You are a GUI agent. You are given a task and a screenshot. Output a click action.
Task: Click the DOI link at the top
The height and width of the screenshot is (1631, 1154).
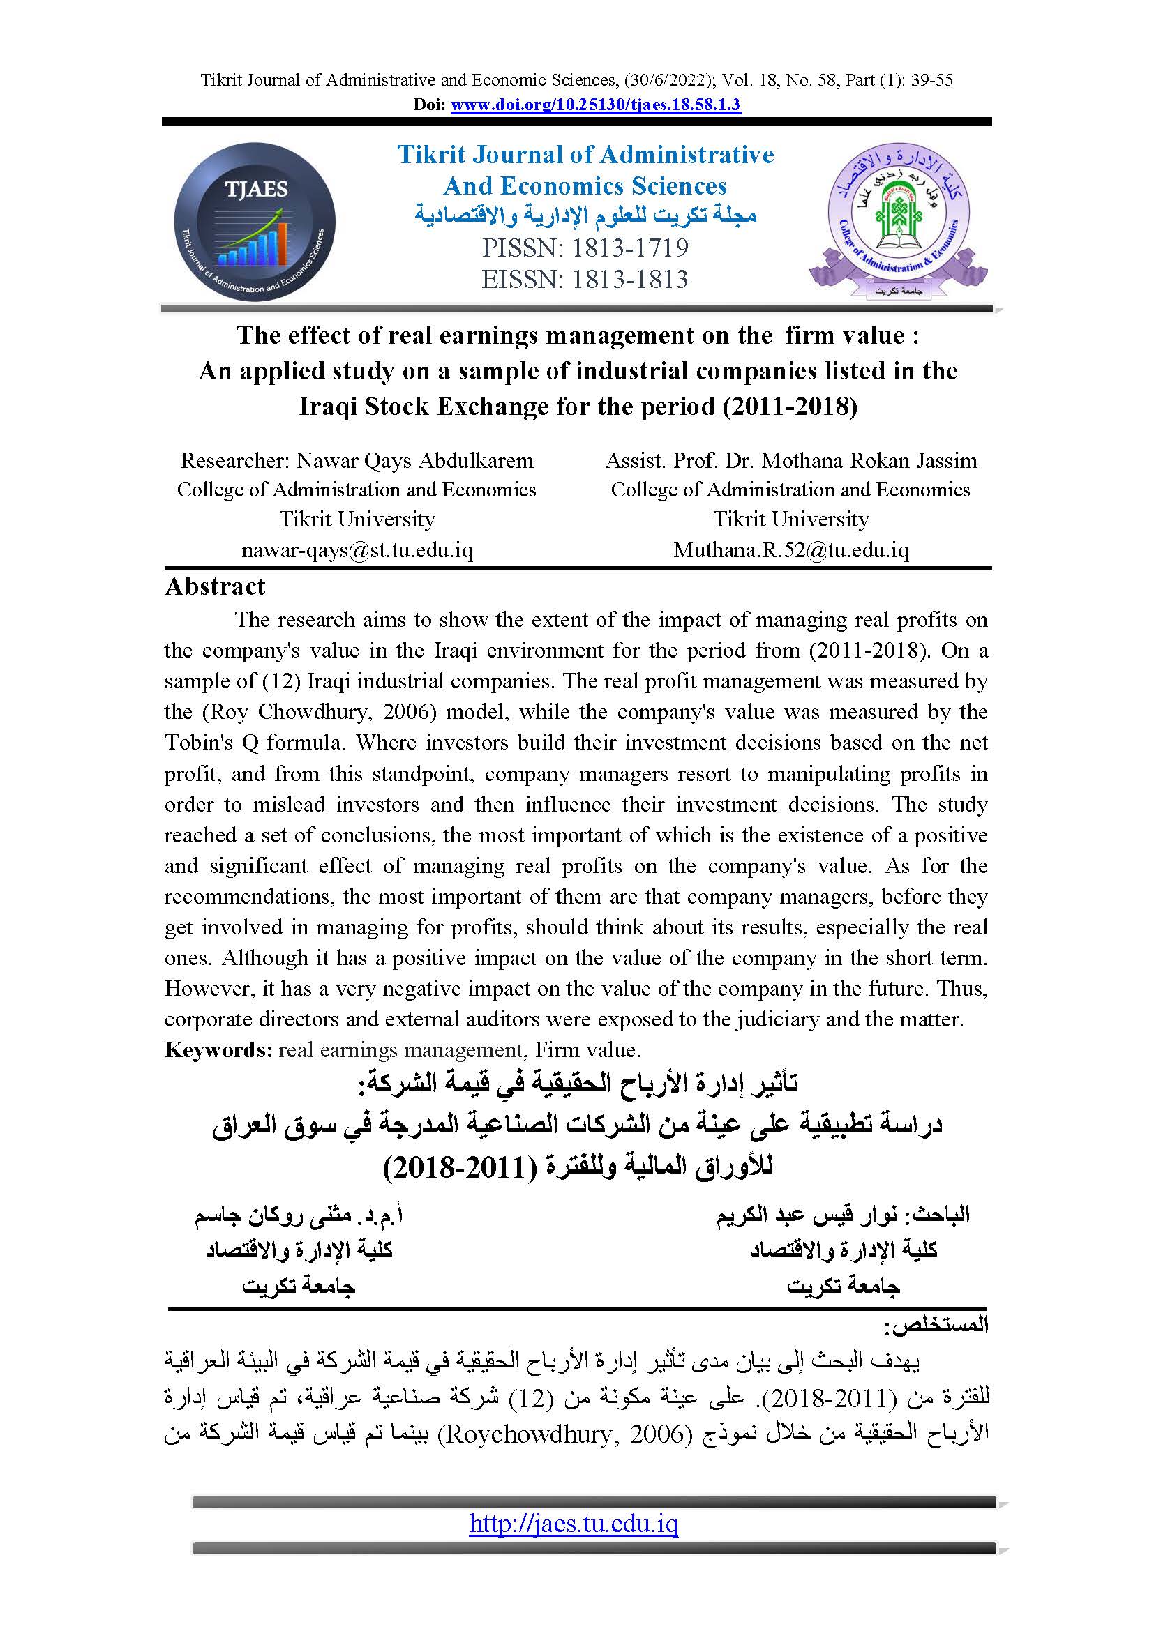pyautogui.click(x=595, y=105)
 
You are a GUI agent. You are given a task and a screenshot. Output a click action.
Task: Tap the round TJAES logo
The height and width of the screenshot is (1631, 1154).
pyautogui.click(x=255, y=222)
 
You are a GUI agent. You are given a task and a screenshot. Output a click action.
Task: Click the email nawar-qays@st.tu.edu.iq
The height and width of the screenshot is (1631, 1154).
pyautogui.click(x=357, y=549)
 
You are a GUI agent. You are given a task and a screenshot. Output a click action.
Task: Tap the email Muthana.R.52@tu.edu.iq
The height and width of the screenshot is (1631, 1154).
pyautogui.click(x=791, y=549)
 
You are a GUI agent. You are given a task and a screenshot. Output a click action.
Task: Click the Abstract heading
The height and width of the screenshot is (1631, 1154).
pyautogui.click(x=215, y=586)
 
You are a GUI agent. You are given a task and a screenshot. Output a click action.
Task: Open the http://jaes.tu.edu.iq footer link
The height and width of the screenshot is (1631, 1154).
pyautogui.click(x=574, y=1524)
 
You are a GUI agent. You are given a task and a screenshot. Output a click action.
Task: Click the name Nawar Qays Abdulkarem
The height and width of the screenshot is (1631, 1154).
pyautogui.click(x=414, y=460)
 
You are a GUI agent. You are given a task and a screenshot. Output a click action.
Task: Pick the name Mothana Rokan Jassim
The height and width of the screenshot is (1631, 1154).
pyautogui.click(x=869, y=460)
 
